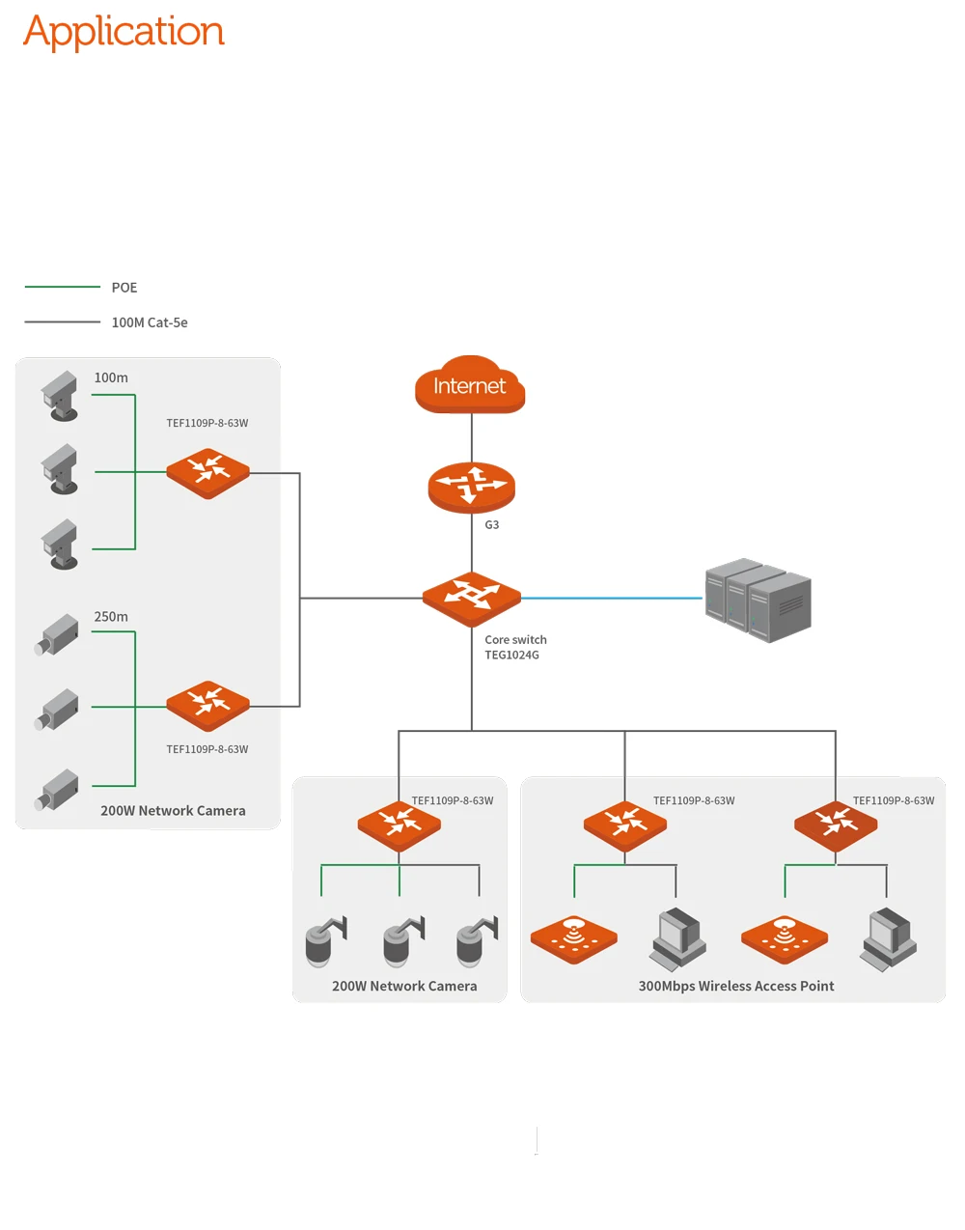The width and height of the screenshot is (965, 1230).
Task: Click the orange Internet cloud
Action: (470, 384)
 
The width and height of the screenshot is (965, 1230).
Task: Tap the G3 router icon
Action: (471, 488)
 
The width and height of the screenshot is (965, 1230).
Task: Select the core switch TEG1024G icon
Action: (471, 599)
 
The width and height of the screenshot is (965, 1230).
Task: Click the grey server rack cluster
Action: (758, 600)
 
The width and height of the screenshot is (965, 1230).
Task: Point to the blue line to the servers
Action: (612, 598)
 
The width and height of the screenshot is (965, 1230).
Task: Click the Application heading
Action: (124, 32)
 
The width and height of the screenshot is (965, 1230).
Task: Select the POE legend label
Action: (124, 288)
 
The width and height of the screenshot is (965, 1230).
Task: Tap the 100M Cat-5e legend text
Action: (150, 322)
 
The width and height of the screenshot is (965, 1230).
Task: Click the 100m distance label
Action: (111, 377)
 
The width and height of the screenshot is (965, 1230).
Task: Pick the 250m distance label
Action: (111, 616)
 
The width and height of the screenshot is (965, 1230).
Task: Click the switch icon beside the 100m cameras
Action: (207, 473)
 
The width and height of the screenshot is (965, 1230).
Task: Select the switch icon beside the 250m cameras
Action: (207, 706)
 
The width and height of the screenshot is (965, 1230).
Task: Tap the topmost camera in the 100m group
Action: (60, 396)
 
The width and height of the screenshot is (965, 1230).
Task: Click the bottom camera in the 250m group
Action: (56, 790)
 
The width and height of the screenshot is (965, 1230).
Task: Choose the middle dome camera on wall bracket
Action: (403, 941)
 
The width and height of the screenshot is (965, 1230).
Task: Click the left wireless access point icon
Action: (573, 939)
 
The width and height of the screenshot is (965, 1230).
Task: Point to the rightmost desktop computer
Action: (888, 939)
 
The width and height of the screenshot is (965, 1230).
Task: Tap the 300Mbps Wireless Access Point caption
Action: (736, 986)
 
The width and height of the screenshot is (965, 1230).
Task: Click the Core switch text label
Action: (515, 640)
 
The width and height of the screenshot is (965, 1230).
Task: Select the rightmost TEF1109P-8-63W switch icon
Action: (836, 825)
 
